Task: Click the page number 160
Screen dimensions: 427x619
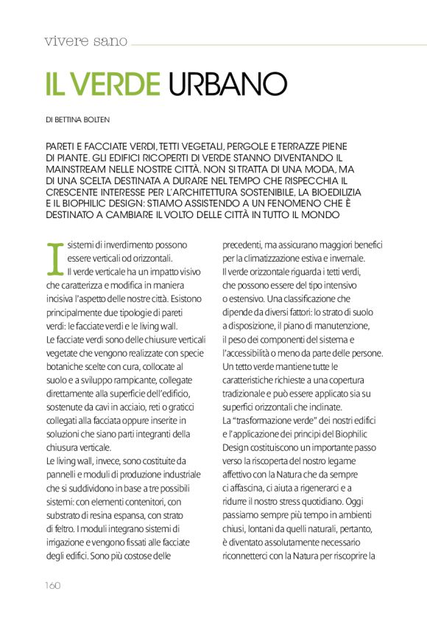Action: tap(50, 585)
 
